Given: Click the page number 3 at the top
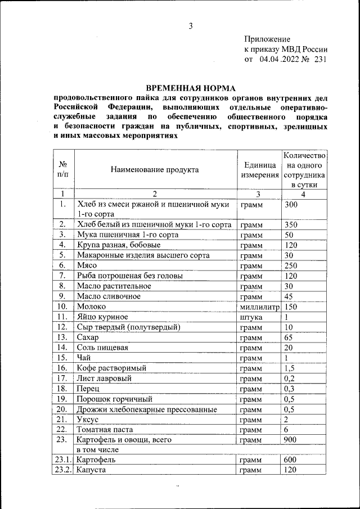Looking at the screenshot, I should pyautogui.click(x=191, y=26).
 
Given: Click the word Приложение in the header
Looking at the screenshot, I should pyautogui.click(x=267, y=39).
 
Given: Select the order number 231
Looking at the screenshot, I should pyautogui.click(x=320, y=59).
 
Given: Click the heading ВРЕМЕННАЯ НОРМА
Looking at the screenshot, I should pyautogui.click(x=191, y=88).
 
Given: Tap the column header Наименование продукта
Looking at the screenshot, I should pyautogui.click(x=154, y=169).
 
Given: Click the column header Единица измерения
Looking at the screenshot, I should pyautogui.click(x=260, y=170).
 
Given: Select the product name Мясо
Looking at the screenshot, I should pyautogui.click(x=88, y=265).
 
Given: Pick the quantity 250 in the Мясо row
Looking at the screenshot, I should pyautogui.click(x=291, y=265).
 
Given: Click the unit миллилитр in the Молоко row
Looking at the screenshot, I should pyautogui.click(x=260, y=307).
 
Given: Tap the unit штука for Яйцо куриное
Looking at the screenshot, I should pyautogui.click(x=251, y=317).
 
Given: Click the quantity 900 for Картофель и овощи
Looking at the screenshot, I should pyautogui.click(x=291, y=439).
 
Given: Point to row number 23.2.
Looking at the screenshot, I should pyautogui.click(x=64, y=470).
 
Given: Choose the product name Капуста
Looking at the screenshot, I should pyautogui.click(x=92, y=470).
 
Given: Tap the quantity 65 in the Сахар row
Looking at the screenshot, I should pyautogui.click(x=289, y=337).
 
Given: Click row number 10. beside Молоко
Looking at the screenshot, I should pyautogui.click(x=63, y=307).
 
